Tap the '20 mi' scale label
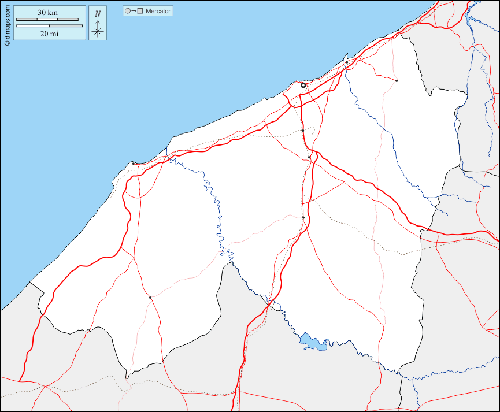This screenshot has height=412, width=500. coord(49,34)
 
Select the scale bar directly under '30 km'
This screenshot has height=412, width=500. coord(47,20)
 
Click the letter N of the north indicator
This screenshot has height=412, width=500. coord(98,13)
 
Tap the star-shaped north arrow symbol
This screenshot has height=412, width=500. coord(98,31)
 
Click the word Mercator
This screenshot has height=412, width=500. coord(158,11)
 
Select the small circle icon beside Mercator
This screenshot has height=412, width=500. coord(127,11)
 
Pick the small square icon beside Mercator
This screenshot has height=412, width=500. coord(140,11)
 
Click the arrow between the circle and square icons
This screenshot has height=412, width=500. coord(134,11)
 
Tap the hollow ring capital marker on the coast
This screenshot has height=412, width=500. coord(303,85)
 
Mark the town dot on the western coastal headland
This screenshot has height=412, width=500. coord(134,164)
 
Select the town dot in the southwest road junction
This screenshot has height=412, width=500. coord(150,298)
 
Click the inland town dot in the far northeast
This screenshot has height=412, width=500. coord(397,81)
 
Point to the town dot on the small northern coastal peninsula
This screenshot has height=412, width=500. coord(347,62)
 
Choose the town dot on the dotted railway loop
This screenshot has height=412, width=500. coord(303,131)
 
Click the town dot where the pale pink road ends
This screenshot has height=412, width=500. coord(303,217)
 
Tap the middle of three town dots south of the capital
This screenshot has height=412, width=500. coord(309,157)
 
